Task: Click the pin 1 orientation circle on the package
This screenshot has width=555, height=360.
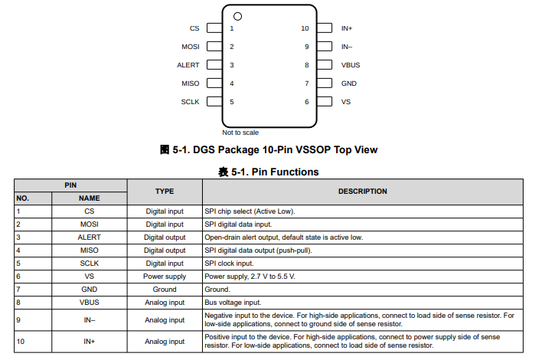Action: [x=237, y=16]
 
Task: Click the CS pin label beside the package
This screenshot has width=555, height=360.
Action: [x=194, y=28]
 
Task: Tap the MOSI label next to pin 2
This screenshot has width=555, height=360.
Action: [x=191, y=47]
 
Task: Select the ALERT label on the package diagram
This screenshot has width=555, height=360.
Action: [x=188, y=65]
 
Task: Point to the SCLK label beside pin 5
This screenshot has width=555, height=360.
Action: [x=191, y=102]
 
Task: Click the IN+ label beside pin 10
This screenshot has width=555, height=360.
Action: [x=347, y=28]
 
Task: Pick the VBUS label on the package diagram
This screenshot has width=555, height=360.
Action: [x=351, y=65]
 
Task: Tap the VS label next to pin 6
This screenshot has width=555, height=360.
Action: [x=346, y=102]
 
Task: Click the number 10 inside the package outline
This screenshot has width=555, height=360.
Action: [x=305, y=28]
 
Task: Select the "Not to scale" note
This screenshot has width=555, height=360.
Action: [x=240, y=133]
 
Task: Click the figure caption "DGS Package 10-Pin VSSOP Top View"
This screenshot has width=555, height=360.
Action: [x=269, y=149]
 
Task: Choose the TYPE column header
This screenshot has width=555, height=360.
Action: [x=165, y=191]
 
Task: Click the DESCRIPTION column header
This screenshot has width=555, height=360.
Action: [x=362, y=191]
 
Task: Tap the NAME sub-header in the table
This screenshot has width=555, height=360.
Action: [x=89, y=198]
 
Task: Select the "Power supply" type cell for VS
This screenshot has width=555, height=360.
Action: [x=165, y=276]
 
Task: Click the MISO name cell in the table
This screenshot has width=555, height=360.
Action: [x=89, y=250]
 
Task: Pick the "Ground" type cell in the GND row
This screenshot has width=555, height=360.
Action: [x=165, y=289]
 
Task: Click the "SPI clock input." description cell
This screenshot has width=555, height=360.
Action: [x=232, y=263]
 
